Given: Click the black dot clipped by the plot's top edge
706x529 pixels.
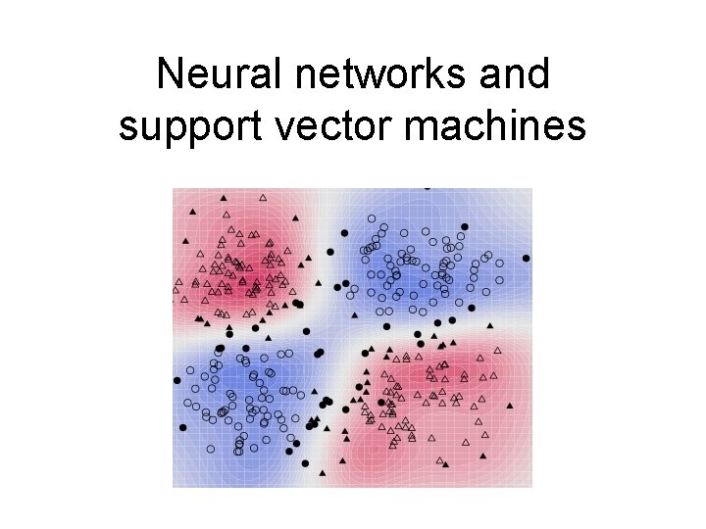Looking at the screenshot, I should (x=427, y=187).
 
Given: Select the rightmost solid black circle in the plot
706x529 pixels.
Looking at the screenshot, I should (x=527, y=258).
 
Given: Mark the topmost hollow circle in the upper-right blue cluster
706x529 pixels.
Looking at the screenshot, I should (x=371, y=217).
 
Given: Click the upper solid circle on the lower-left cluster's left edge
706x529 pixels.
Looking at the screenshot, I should (x=177, y=380).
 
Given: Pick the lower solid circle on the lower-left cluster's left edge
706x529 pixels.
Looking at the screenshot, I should (x=182, y=427).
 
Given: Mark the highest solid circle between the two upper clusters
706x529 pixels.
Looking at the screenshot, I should (x=343, y=232).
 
